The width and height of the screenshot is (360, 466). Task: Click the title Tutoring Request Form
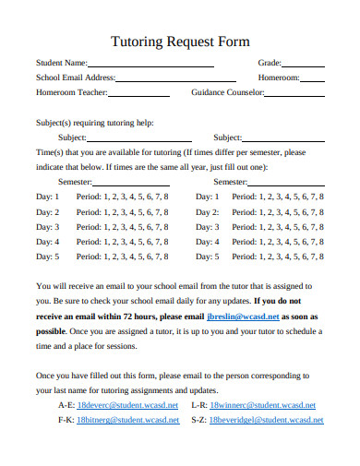pyautogui.click(x=179, y=42)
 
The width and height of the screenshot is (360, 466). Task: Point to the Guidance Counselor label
pyautogui.click(x=227, y=93)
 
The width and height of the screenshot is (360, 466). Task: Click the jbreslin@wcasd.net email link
pyautogui.click(x=242, y=316)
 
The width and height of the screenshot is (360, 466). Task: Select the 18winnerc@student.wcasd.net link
pyautogui.click(x=262, y=405)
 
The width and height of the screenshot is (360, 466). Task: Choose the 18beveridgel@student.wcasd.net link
pyautogui.click(x=267, y=420)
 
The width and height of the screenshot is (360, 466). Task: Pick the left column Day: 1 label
pyautogui.click(x=47, y=197)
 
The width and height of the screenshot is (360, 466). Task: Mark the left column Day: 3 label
pyautogui.click(x=47, y=227)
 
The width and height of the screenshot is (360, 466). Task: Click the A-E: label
pyautogui.click(x=65, y=405)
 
